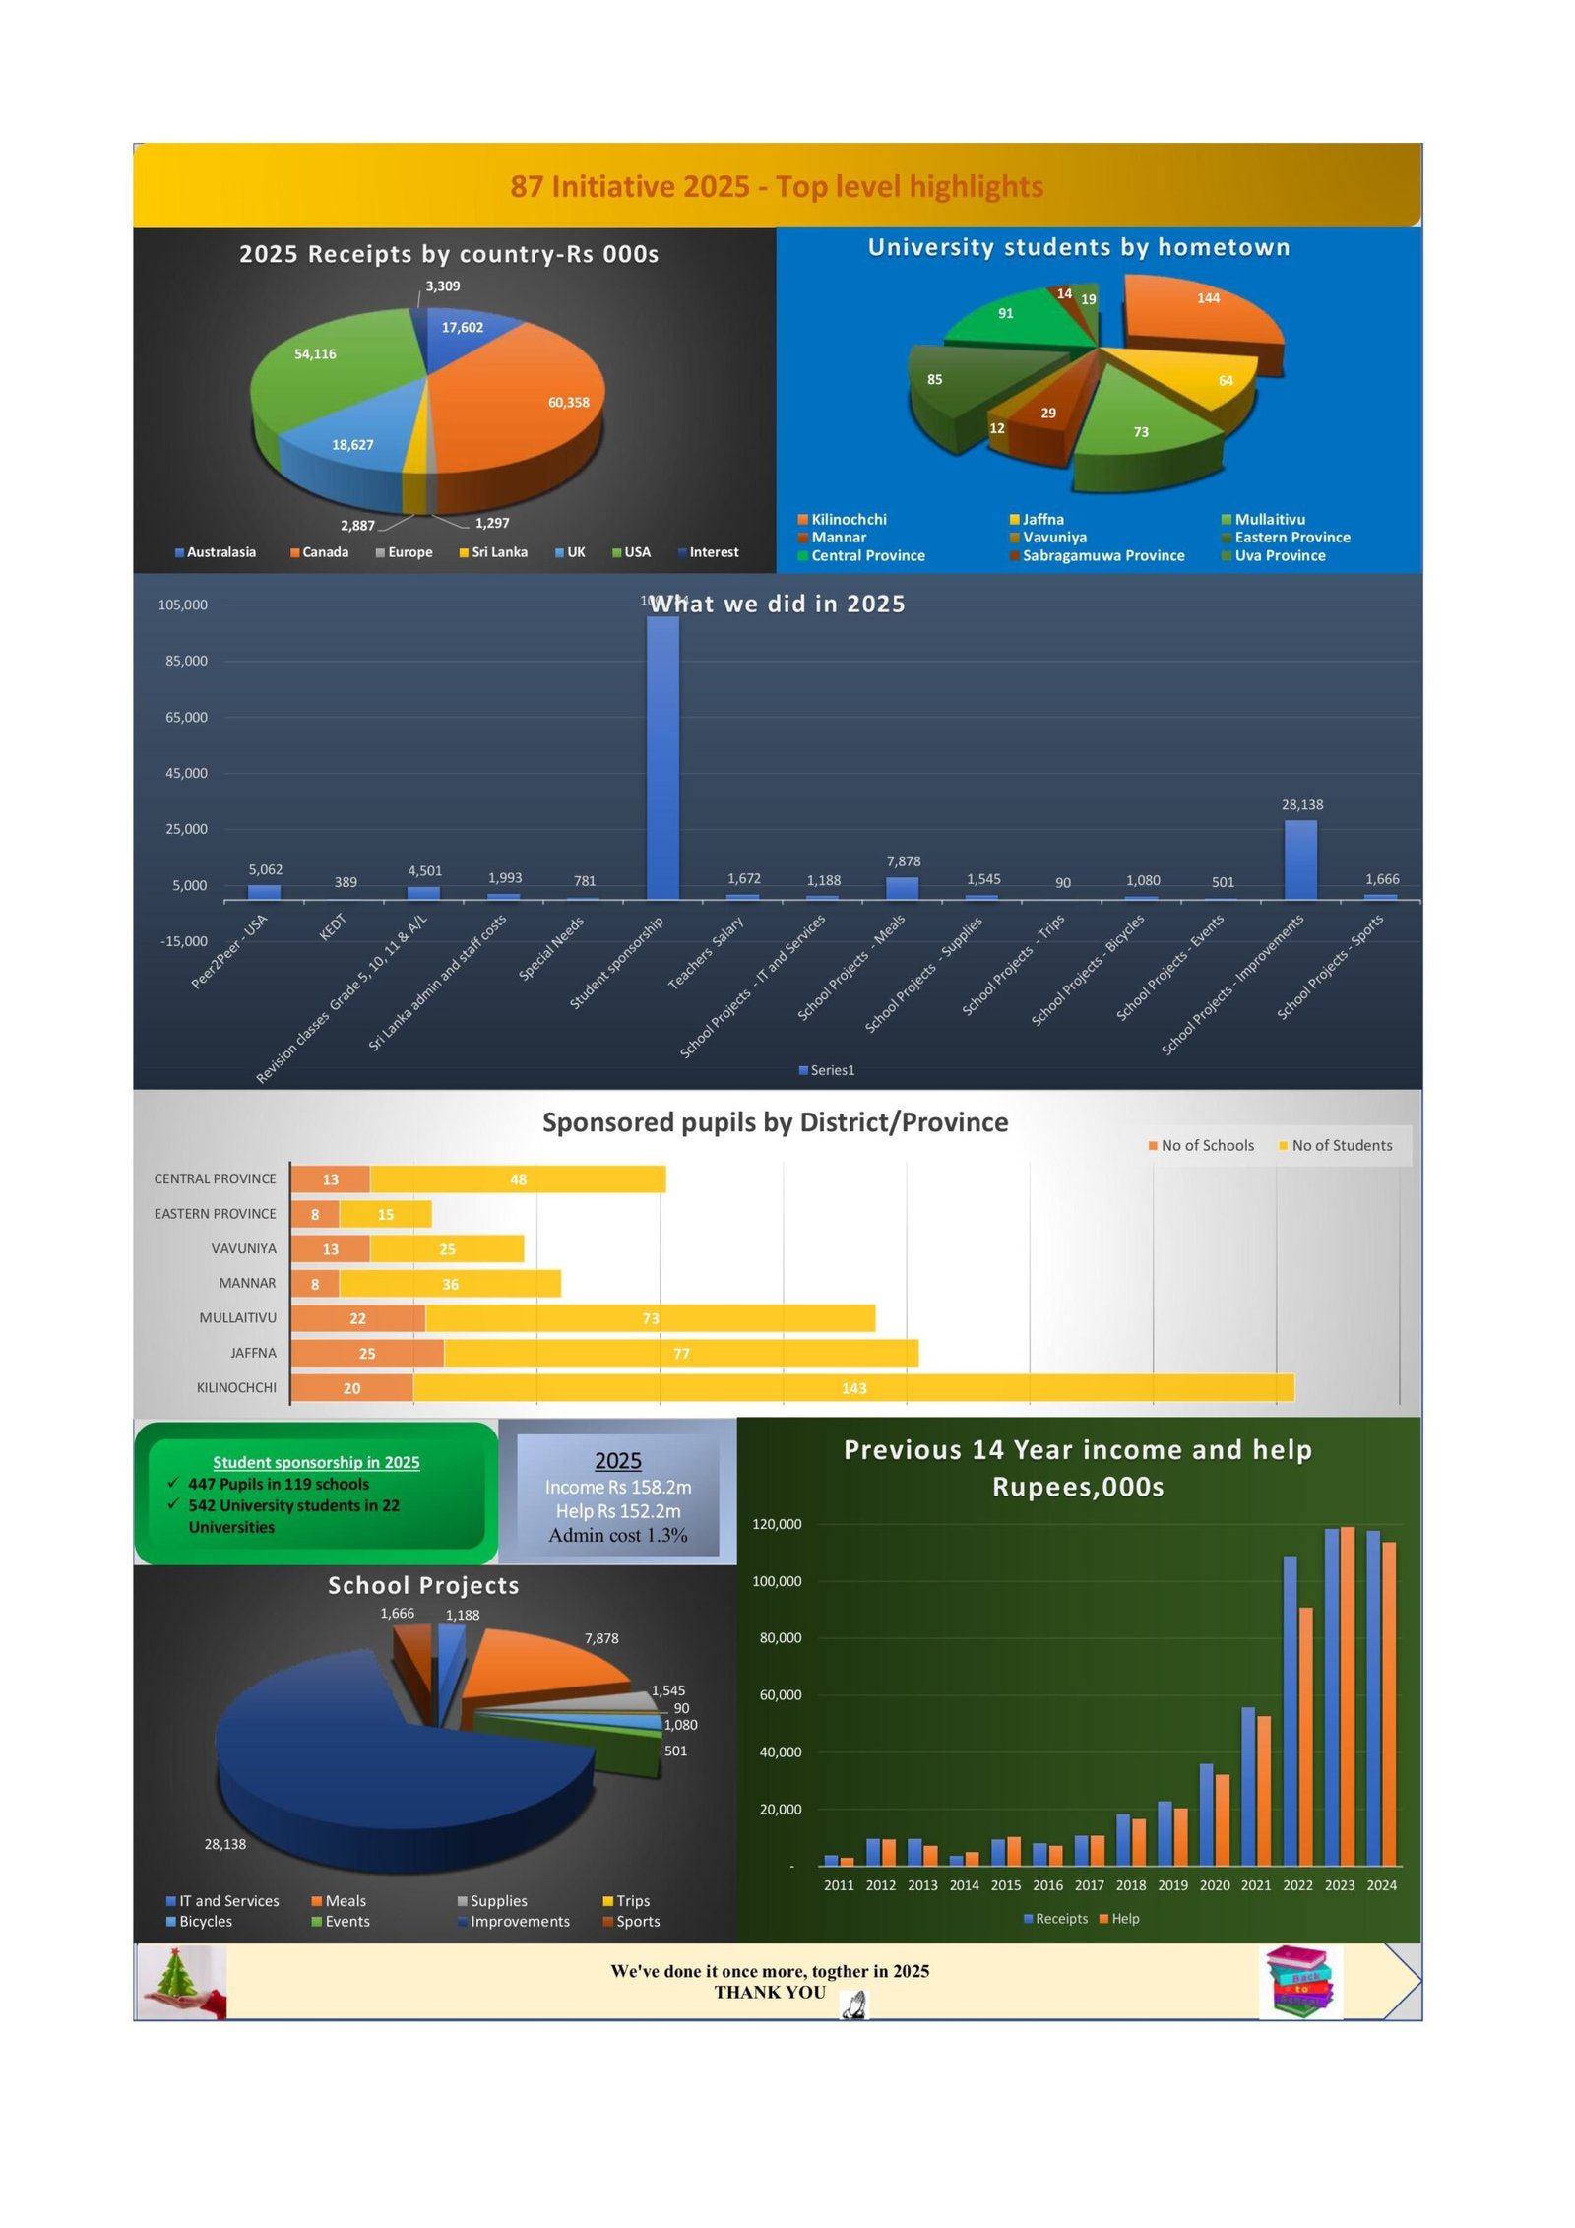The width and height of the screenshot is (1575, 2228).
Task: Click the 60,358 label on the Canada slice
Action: [568, 402]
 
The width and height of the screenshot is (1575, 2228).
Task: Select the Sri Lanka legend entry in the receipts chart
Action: [493, 552]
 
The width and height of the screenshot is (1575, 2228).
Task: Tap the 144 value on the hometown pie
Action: [1208, 298]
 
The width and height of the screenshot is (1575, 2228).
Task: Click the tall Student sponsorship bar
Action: [662, 758]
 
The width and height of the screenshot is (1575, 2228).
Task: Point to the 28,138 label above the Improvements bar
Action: [1301, 804]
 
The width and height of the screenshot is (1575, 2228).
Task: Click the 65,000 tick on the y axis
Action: [186, 717]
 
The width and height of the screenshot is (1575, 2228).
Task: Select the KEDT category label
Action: [333, 926]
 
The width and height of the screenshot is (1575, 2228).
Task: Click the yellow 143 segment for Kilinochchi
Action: [853, 1388]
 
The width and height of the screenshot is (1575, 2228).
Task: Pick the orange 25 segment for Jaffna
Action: [367, 1354]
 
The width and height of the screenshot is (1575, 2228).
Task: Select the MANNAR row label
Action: [247, 1283]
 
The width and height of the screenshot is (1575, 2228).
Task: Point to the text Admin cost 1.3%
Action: [618, 1535]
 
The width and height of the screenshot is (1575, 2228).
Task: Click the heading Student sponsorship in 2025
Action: [316, 1462]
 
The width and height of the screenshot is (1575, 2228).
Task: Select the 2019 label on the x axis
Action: [1172, 1885]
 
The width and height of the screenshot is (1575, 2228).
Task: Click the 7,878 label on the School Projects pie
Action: [601, 1638]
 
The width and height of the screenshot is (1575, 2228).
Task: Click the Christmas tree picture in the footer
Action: [181, 1981]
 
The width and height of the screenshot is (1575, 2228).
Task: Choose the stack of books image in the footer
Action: [1299, 1981]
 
